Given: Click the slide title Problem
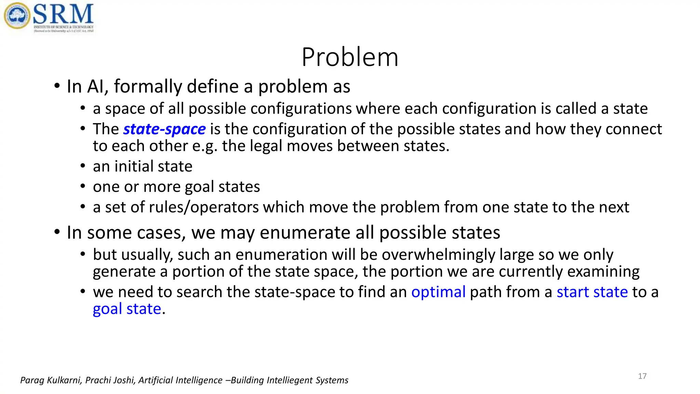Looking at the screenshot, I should click(350, 57).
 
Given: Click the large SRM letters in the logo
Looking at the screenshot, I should click(64, 14).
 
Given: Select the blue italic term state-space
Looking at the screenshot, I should click(164, 129).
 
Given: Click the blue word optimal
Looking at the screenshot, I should click(438, 292).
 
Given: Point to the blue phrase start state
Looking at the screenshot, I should click(592, 292).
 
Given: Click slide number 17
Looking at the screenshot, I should click(642, 376).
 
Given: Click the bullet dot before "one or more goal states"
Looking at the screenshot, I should click(83, 187).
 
